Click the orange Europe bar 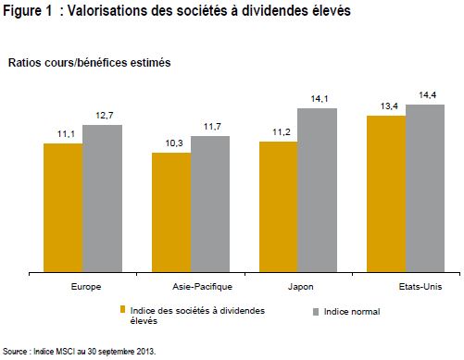click(63, 207)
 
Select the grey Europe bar click(103, 198)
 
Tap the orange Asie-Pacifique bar click(171, 212)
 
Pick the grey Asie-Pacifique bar click(210, 204)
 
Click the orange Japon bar click(279, 206)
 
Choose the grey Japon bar click(318, 190)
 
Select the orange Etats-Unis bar click(386, 193)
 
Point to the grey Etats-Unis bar click(425, 188)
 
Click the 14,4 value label click(428, 95)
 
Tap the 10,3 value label click(174, 143)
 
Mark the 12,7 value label click(105, 116)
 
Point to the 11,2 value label click(282, 132)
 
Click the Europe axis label click(86, 287)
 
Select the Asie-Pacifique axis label click(202, 287)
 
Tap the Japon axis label click(301, 287)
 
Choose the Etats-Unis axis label click(420, 287)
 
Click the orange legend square click(122, 309)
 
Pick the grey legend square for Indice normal click(316, 312)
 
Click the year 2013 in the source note click(147, 352)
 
